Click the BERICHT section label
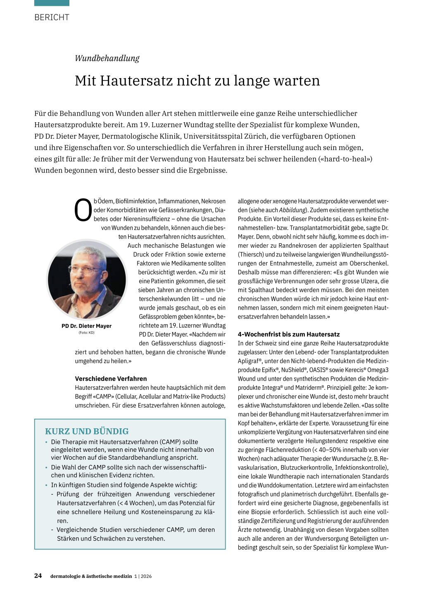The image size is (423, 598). tap(52, 17)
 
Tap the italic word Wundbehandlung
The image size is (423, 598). tap(107, 58)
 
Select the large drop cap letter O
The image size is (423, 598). tap(83, 211)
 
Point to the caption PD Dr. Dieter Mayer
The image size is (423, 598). tap(86, 326)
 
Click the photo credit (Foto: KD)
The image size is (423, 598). tap(86, 332)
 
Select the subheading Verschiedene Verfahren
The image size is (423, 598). tap(111, 379)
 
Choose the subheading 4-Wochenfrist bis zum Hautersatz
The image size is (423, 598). tap(289, 334)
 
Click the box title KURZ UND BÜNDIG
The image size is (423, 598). tap(87, 431)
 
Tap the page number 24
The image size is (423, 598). tap(38, 576)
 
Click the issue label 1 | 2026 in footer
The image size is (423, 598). tap(143, 576)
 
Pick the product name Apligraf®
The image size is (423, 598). tap(250, 361)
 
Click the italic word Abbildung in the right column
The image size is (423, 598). tap(292, 210)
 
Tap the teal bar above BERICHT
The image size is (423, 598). tap(52, 3)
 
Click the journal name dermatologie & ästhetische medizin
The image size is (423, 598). tap(91, 576)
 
